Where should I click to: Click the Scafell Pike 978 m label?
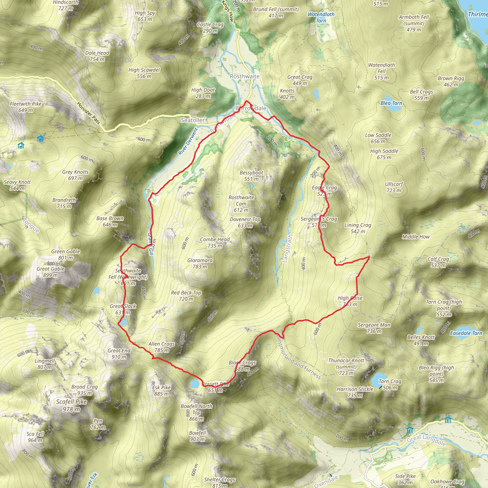(71, 405)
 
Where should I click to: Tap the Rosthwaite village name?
(244, 76)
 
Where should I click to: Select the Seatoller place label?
(193, 120)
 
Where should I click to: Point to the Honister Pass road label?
(88, 113)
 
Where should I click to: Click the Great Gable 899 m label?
(51, 272)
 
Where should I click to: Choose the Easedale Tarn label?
(466, 333)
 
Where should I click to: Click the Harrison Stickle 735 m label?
(355, 392)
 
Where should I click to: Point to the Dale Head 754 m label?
(97, 56)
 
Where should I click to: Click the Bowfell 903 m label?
(198, 436)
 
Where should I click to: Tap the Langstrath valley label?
(287, 249)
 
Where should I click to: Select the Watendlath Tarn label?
(321, 17)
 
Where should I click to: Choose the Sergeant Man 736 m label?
(374, 328)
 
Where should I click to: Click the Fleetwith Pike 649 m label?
(25, 107)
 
